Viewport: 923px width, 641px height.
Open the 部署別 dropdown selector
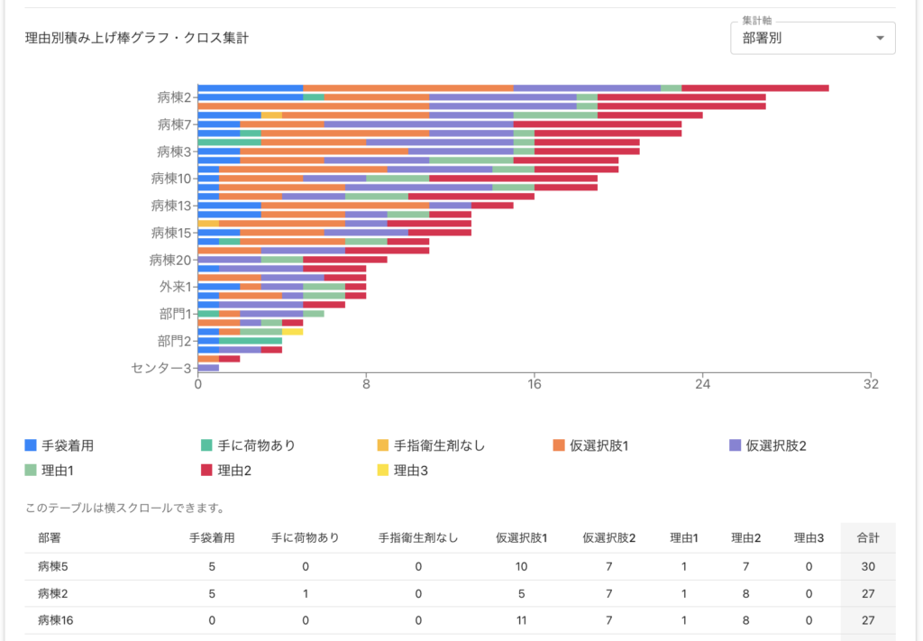[812, 38]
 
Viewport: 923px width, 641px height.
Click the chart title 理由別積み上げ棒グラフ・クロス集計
[137, 38]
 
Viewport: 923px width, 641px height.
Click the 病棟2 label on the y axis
[173, 96]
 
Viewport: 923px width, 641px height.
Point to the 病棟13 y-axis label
[170, 206]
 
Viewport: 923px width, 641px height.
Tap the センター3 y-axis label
[161, 368]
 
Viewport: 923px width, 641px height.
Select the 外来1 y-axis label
[173, 287]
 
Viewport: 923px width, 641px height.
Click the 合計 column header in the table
[867, 538]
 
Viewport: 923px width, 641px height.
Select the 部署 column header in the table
[50, 538]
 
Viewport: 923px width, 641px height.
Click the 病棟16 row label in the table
[56, 620]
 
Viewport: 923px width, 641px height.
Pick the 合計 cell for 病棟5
[867, 566]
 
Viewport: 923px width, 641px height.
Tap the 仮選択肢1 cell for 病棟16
[521, 620]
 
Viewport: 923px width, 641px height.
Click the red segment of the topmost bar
[754, 87]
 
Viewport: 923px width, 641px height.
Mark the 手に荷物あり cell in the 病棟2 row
[306, 593]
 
